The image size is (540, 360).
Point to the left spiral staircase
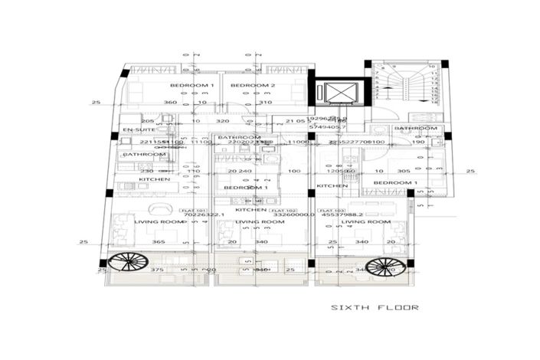(128, 262)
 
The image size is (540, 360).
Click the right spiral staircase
(386, 267)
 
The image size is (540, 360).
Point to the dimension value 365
(159, 242)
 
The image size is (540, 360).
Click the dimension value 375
(159, 269)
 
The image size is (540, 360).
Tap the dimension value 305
(403, 172)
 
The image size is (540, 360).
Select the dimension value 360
(170, 102)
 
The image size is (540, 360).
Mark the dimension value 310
(265, 102)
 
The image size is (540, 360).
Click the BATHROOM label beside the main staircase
(415, 128)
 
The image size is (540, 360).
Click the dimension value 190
(418, 142)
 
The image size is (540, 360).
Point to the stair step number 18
(434, 103)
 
